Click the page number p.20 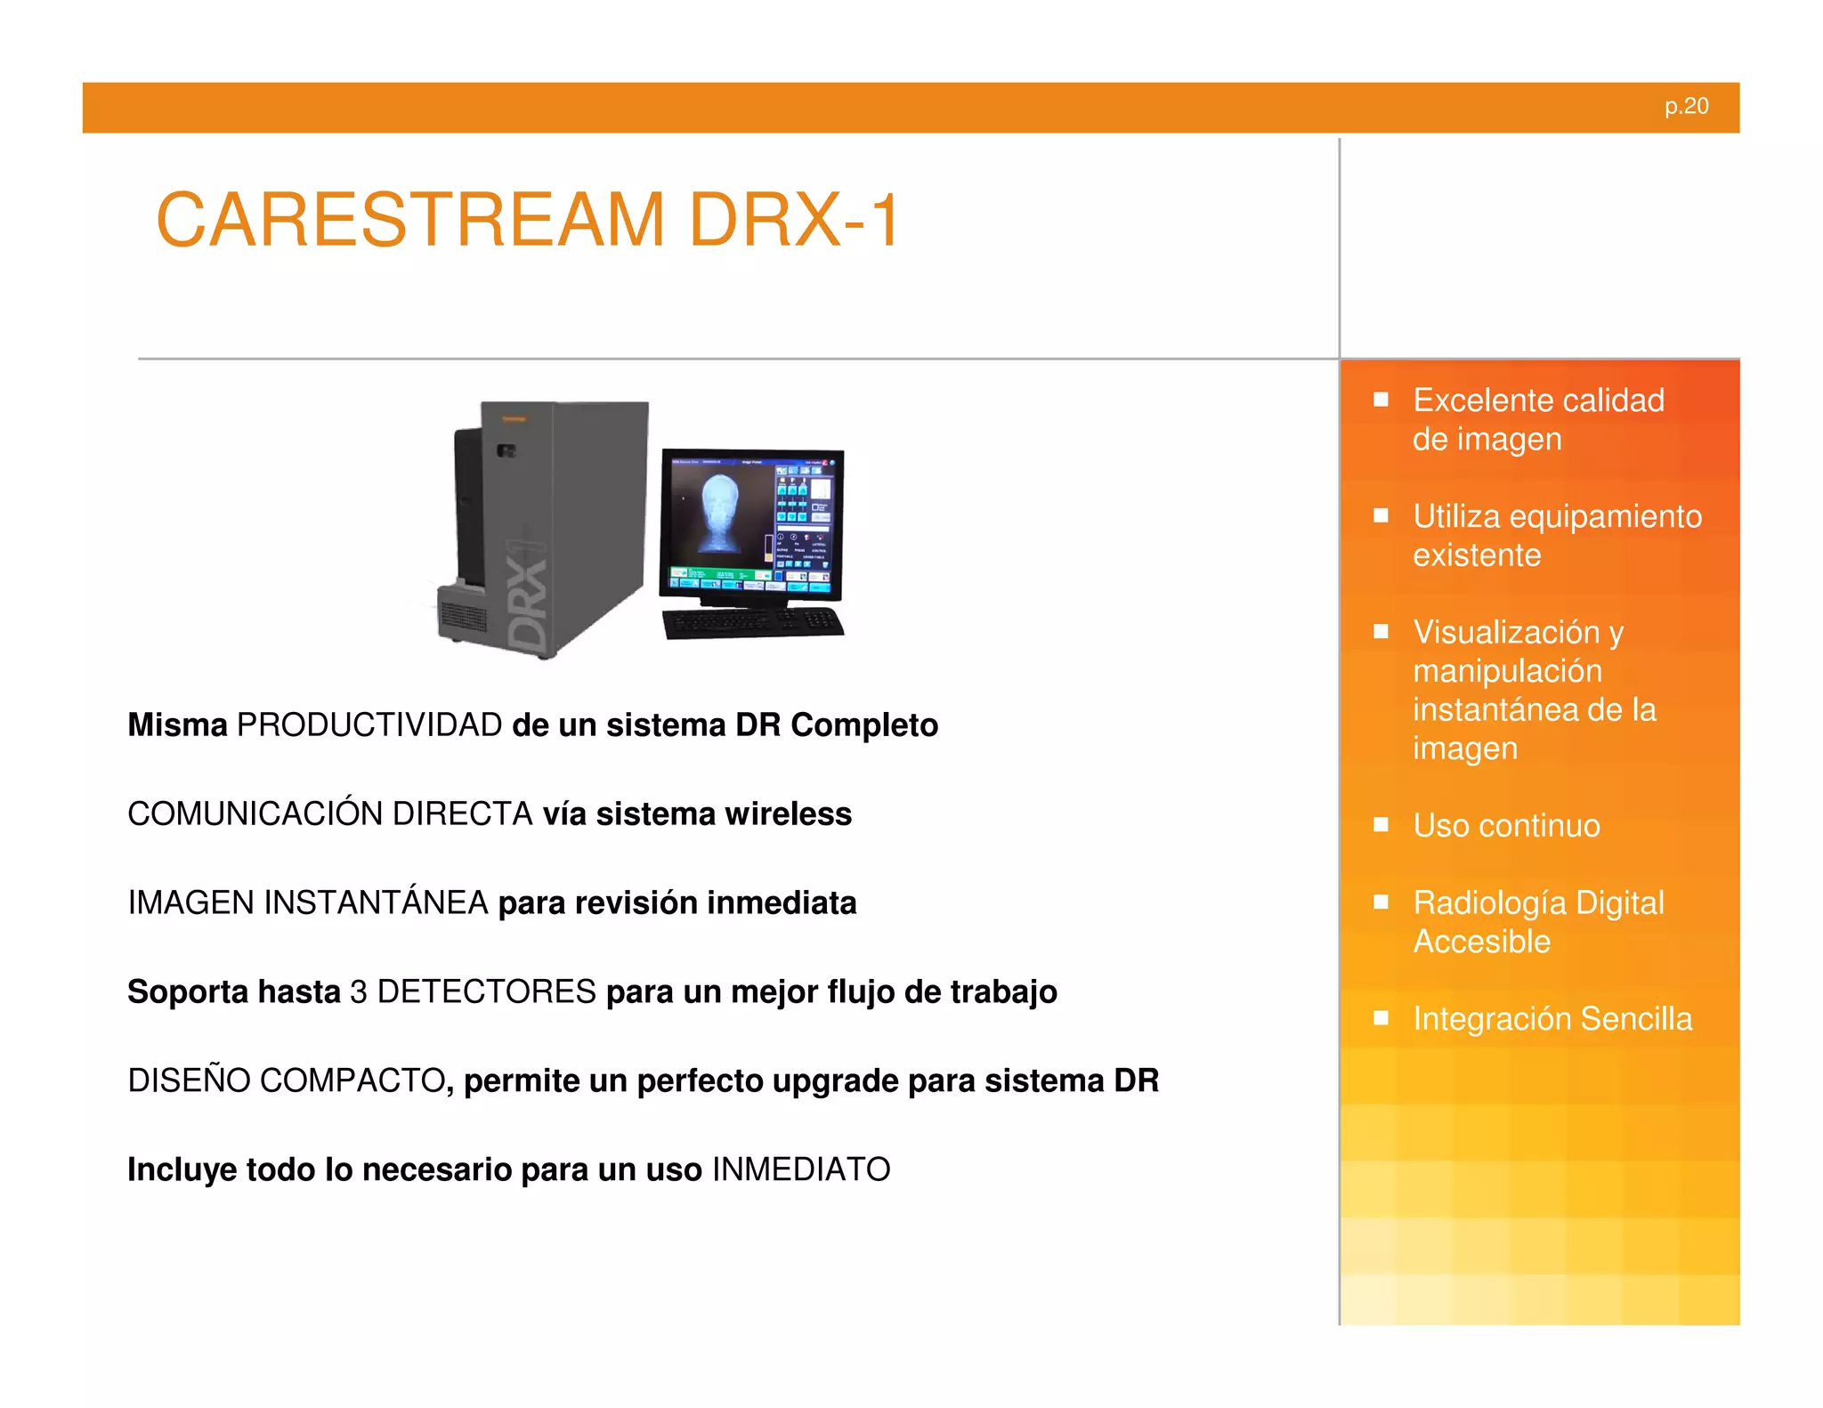(x=1686, y=107)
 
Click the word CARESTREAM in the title (x=410, y=221)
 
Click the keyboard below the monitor (x=753, y=623)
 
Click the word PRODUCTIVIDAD (x=369, y=725)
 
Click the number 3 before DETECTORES (x=359, y=992)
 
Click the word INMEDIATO (x=801, y=1170)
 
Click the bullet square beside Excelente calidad (x=1381, y=400)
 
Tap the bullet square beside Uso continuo (x=1381, y=825)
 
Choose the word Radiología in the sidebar (x=1489, y=903)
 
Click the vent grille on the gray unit (x=463, y=617)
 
